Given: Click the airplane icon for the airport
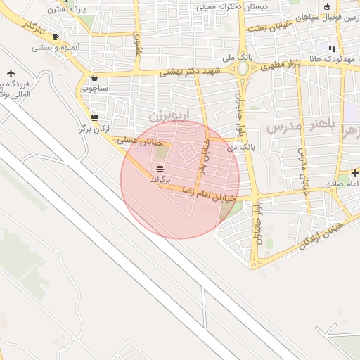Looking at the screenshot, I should (11, 73).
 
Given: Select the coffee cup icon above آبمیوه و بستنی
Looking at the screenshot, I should (56, 37).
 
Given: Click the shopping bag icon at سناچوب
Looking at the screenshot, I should (94, 78).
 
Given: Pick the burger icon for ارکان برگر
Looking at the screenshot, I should (95, 117).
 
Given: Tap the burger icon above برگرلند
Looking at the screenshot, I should (160, 169).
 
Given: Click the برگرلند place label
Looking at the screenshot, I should (161, 180).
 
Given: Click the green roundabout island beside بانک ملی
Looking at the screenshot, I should (243, 69).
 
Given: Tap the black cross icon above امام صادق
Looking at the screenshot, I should (355, 173).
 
